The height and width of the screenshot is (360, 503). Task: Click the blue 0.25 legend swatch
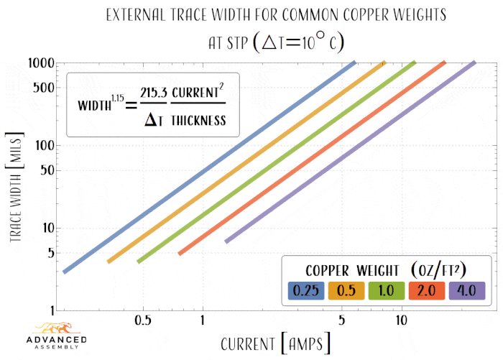pyautogui.click(x=306, y=290)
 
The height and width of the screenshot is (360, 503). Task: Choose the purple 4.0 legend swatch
pyautogui.click(x=467, y=290)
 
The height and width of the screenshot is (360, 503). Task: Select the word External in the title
pyautogui.click(x=137, y=15)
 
